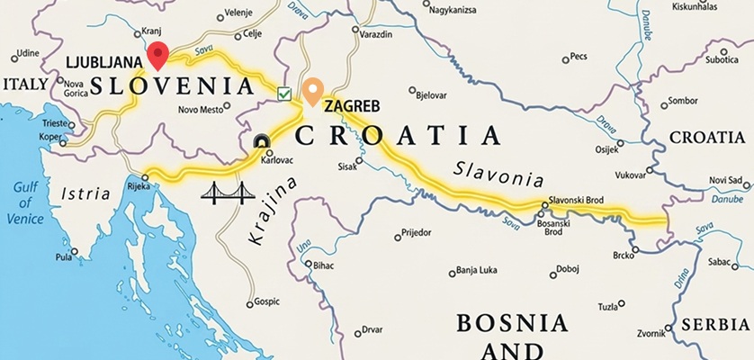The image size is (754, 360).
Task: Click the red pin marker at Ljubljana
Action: click(158, 55)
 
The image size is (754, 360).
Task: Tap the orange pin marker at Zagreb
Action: click(312, 91)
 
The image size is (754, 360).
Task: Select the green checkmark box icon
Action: click(284, 94)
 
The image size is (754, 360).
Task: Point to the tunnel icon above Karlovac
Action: click(261, 140)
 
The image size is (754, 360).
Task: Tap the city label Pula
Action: click(63, 256)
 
